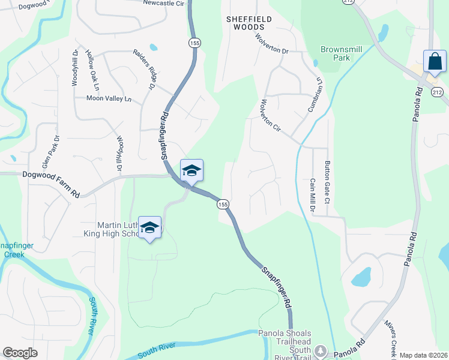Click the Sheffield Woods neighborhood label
[249, 23]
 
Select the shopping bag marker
[435, 62]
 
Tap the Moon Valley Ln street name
[109, 98]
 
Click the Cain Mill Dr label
[313, 194]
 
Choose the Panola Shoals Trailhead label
[285, 334]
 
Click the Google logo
[20, 353]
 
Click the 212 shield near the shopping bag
[436, 92]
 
